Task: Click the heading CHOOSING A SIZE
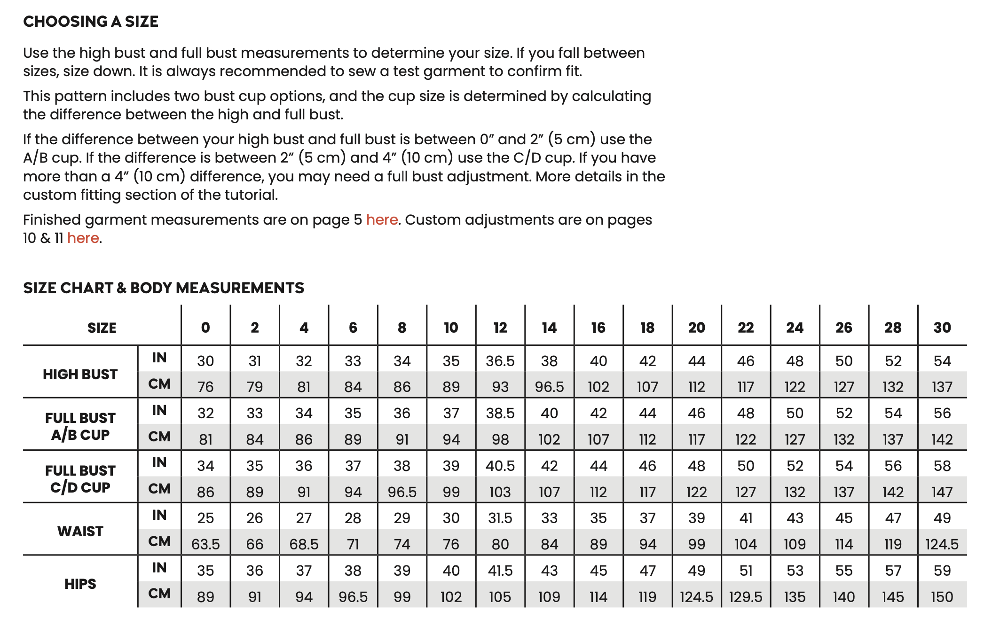tap(91, 22)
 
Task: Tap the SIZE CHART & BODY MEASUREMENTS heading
tap(164, 288)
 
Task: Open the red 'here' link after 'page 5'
tap(382, 220)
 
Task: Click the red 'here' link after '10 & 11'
tap(83, 238)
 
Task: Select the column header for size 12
tap(500, 328)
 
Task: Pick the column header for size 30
tap(942, 328)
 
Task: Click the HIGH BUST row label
tap(80, 374)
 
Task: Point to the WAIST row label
tap(80, 531)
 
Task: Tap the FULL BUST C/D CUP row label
tap(80, 479)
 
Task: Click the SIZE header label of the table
tap(102, 328)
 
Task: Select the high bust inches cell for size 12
tap(500, 361)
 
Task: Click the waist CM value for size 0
tap(205, 544)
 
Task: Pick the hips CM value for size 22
tap(745, 597)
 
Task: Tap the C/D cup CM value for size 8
tap(402, 492)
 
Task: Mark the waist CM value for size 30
tap(942, 544)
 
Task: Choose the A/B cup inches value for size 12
tap(500, 413)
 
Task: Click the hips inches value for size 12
tap(500, 571)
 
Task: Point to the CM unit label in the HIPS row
tap(159, 594)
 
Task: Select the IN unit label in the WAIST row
tap(159, 515)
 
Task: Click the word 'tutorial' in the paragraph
tap(251, 195)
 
